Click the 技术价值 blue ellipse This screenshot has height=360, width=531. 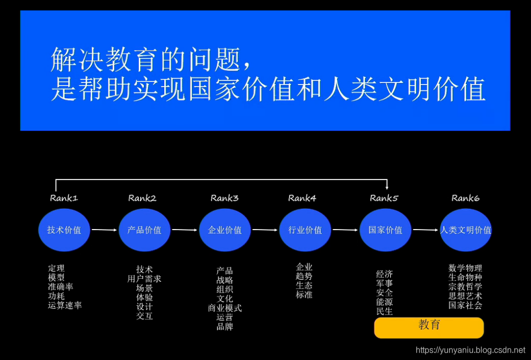pyautogui.click(x=64, y=230)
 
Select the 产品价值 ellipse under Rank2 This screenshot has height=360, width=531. pyautogui.click(x=144, y=230)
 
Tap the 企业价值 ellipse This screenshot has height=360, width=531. pyautogui.click(x=225, y=230)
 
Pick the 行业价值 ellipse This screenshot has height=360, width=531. pyautogui.click(x=305, y=230)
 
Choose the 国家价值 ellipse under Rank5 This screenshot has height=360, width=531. pyautogui.click(x=385, y=230)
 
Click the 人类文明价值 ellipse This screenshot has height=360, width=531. pyautogui.click(x=466, y=230)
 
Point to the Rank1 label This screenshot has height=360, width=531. pyautogui.click(x=64, y=198)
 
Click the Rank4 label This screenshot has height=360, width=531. pyautogui.click(x=302, y=198)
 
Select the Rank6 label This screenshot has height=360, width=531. pyautogui.click(x=465, y=198)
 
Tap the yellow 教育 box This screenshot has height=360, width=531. pyautogui.click(x=429, y=327)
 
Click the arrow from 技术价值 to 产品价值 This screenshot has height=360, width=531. pyautogui.click(x=104, y=230)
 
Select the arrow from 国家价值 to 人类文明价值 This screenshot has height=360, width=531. pyautogui.click(x=426, y=230)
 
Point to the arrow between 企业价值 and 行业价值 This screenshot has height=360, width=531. pyautogui.click(x=265, y=230)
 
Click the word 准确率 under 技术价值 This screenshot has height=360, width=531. pyautogui.click(x=61, y=287)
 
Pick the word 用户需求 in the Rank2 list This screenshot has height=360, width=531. pyautogui.click(x=144, y=279)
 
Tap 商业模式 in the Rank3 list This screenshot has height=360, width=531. pyautogui.click(x=225, y=308)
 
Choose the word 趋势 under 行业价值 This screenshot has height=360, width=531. pyautogui.click(x=304, y=276)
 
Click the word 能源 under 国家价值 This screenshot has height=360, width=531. pyautogui.click(x=384, y=302)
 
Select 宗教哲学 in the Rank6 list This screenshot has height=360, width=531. pyautogui.click(x=465, y=286)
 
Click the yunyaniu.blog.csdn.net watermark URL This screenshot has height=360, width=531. pyautogui.click(x=470, y=350)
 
